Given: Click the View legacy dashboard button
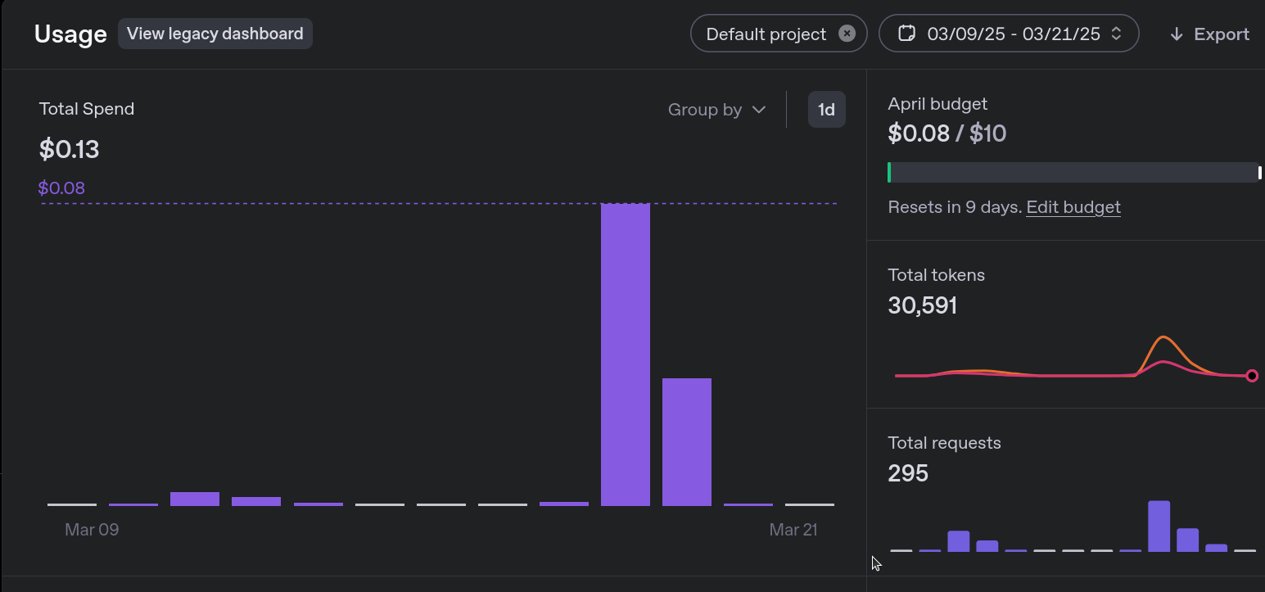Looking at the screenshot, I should click(x=215, y=34).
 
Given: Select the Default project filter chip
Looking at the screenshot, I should click(x=766, y=34).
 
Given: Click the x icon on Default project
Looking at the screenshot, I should click(x=847, y=34).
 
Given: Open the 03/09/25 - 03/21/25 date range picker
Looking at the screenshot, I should click(x=1009, y=34).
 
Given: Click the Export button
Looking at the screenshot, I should click(x=1209, y=34).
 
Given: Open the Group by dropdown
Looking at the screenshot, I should click(x=716, y=110).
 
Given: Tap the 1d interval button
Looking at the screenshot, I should click(x=826, y=110).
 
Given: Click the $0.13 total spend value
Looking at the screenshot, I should click(x=69, y=149).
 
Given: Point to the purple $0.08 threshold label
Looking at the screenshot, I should click(x=61, y=188).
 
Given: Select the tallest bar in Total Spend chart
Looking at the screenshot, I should click(x=626, y=354).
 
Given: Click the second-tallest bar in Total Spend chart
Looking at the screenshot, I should click(x=687, y=441).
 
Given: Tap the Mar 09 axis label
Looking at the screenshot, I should click(x=92, y=530).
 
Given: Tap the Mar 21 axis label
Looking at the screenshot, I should click(x=793, y=530).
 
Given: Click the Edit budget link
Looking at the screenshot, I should click(x=1073, y=207).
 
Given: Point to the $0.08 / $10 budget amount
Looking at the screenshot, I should click(x=946, y=133).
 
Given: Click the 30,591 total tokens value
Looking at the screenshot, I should click(x=922, y=305).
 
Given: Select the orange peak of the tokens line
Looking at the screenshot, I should click(x=1163, y=337).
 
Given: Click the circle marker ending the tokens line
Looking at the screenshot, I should click(x=1252, y=376).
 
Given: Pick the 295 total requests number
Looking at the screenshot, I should click(x=908, y=473).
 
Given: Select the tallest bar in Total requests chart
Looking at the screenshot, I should click(x=1159, y=526).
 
